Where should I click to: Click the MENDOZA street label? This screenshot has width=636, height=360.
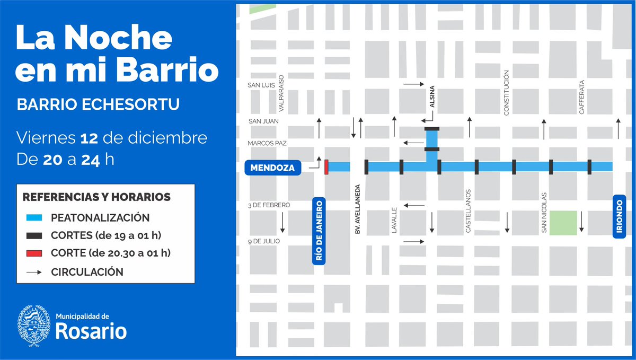pyautogui.click(x=273, y=169)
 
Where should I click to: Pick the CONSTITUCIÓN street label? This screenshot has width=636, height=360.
pyautogui.click(x=506, y=93)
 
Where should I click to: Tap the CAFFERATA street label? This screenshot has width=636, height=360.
pyautogui.click(x=582, y=97)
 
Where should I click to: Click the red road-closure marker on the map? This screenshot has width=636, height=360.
pyautogui.click(x=326, y=166)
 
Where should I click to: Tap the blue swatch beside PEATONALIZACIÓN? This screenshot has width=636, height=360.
pyautogui.click(x=33, y=218)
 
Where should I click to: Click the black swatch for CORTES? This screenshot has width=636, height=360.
pyautogui.click(x=33, y=236)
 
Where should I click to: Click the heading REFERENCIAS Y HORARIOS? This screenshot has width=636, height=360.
pyautogui.click(x=96, y=197)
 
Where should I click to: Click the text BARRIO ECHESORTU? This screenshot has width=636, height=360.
pyautogui.click(x=98, y=104)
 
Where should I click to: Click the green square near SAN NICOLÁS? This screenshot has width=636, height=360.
pyautogui.click(x=563, y=223)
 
